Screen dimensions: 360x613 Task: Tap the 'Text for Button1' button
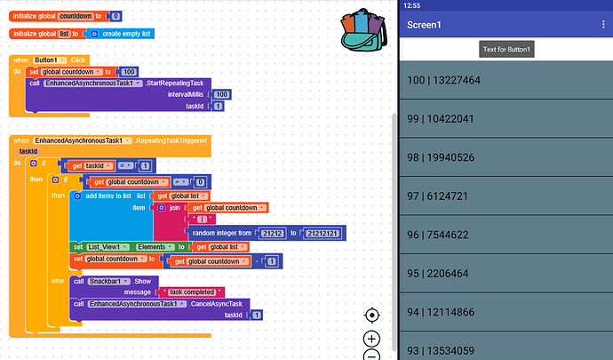point(506,50)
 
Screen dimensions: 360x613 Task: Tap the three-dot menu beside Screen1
point(603,24)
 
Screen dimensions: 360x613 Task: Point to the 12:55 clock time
point(411,5)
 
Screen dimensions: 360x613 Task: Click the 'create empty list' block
point(127,34)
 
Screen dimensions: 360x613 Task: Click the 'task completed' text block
point(190,292)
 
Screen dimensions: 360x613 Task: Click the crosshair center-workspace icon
point(372,315)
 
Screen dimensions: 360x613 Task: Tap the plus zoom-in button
point(372,339)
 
